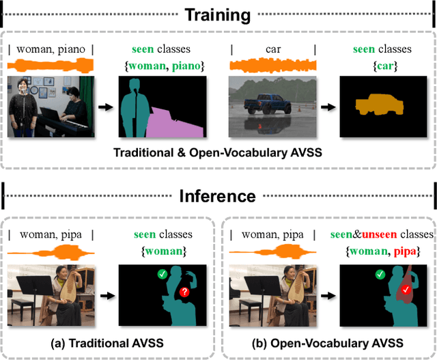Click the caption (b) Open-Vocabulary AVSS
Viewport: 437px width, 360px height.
tap(328, 342)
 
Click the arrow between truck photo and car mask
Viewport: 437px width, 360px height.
tap(326, 107)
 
